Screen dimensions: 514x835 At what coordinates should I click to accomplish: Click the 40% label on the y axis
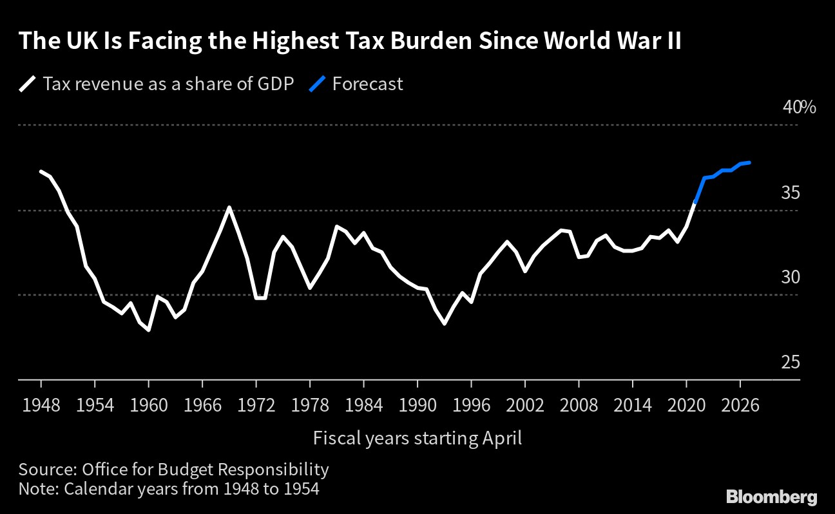[x=799, y=107]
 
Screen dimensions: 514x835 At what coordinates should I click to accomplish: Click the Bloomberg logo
[x=771, y=497]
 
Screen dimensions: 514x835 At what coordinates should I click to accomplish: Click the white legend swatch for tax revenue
[x=28, y=84]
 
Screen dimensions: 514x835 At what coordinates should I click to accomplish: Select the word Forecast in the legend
[x=367, y=84]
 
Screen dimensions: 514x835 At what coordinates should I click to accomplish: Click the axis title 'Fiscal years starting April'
[x=417, y=439]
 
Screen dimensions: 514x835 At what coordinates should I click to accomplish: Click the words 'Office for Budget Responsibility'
[x=206, y=469]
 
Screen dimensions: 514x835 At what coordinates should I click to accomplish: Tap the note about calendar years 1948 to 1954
[x=169, y=489]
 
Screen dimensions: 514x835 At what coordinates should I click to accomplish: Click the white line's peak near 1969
[x=229, y=207]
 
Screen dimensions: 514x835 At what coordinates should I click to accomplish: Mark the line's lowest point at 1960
[x=149, y=330]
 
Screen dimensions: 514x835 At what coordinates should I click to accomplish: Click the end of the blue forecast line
[x=749, y=162]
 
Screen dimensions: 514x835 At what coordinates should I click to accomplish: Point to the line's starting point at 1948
[x=41, y=171]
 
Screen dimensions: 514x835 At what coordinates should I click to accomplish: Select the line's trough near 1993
[x=445, y=323]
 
